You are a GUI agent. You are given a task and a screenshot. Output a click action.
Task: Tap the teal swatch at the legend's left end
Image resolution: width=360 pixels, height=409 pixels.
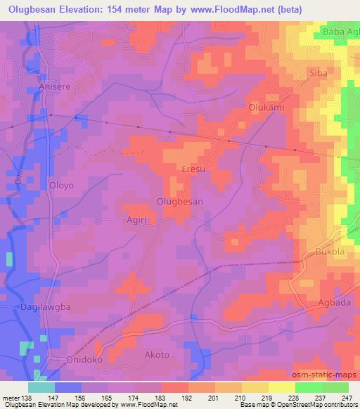[x=41, y=387]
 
